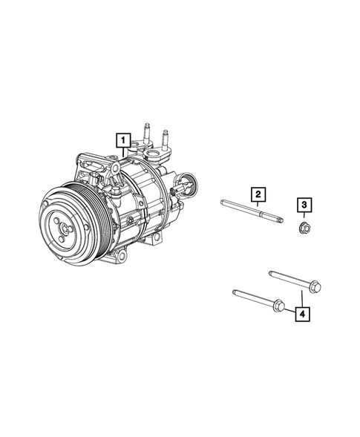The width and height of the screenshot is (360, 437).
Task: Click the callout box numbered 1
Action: (x=122, y=138)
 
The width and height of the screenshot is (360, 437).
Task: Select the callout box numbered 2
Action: (x=257, y=195)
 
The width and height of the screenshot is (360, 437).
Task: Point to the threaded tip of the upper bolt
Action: (x=272, y=272)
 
